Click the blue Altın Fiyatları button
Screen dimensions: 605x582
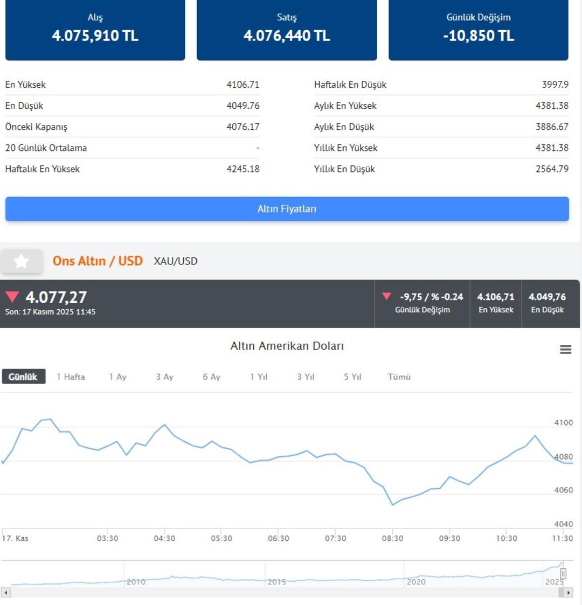click(x=287, y=209)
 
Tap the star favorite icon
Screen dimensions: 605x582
click(x=22, y=261)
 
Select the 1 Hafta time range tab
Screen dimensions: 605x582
click(x=71, y=377)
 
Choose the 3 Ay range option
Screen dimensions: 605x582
click(x=165, y=377)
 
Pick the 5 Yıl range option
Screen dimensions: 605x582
click(x=352, y=377)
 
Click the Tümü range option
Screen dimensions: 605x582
click(x=399, y=377)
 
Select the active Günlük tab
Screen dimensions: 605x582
click(x=23, y=377)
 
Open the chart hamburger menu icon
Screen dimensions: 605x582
click(x=565, y=350)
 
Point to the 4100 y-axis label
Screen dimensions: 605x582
click(x=563, y=423)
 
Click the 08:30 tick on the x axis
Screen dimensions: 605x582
click(x=392, y=538)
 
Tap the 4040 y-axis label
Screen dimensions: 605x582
click(x=563, y=524)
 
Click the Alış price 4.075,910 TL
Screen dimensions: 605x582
click(x=95, y=36)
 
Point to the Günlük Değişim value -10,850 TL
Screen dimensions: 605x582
click(x=479, y=36)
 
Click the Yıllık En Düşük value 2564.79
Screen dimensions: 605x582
click(x=552, y=169)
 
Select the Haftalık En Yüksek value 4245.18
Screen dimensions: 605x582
click(x=242, y=169)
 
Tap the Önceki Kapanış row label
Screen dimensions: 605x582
click(x=36, y=127)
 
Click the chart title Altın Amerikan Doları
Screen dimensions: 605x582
click(x=287, y=346)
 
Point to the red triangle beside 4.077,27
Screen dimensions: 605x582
click(x=12, y=296)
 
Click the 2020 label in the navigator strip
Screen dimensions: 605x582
click(x=416, y=582)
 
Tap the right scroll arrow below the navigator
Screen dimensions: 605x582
click(x=569, y=593)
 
